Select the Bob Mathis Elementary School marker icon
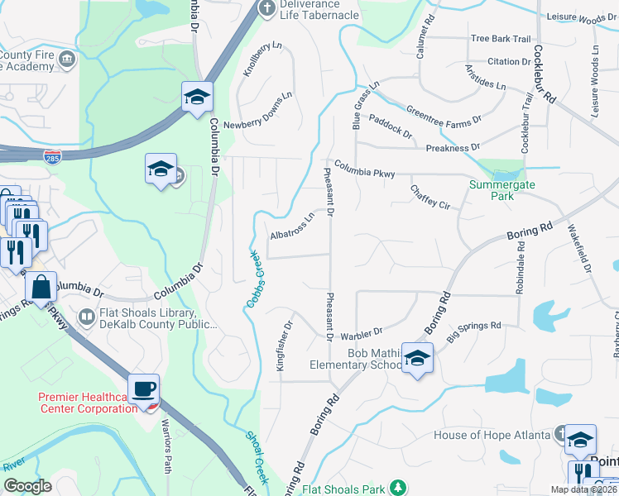tap(417, 359)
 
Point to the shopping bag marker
tap(41, 289)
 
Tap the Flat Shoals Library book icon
tap(86, 317)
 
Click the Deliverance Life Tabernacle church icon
tap(266, 9)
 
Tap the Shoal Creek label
tap(257, 456)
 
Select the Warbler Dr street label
tap(362, 332)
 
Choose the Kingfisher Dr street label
tap(284, 346)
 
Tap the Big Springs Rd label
tap(474, 331)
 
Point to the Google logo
tap(27, 486)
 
